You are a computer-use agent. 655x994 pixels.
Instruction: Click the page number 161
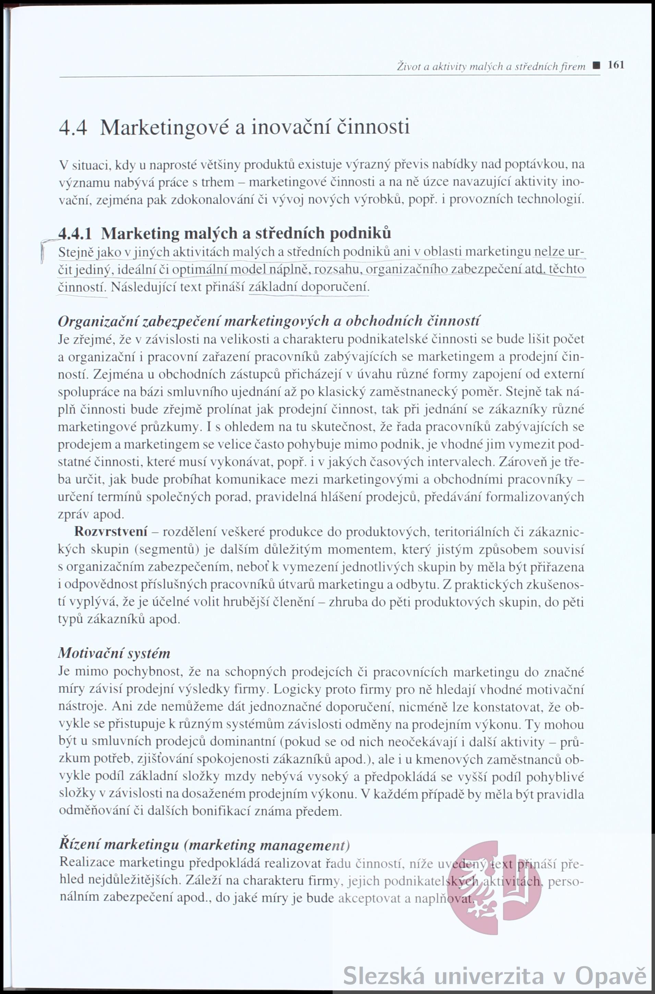pyautogui.click(x=616, y=65)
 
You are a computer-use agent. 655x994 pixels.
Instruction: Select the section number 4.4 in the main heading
pyautogui.click(x=73, y=127)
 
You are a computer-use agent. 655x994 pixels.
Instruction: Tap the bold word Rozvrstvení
pyautogui.click(x=111, y=532)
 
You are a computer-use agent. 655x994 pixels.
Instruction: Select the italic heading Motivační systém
pyautogui.click(x=115, y=653)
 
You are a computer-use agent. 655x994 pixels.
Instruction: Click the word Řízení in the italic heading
pyautogui.click(x=78, y=845)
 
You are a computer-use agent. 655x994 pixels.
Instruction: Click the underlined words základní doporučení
pyautogui.click(x=309, y=287)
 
